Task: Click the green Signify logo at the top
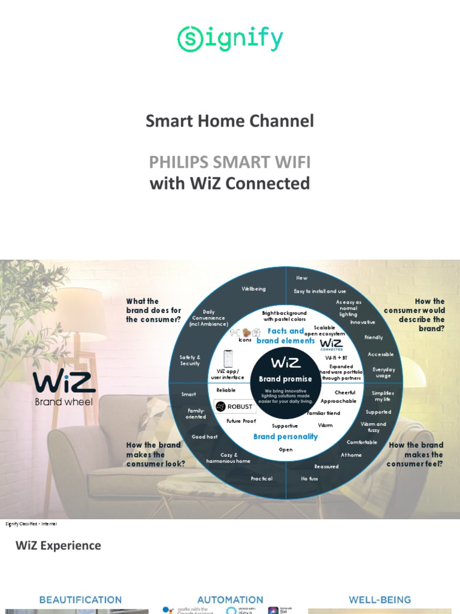pos(230,39)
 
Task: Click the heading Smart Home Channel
pos(230,121)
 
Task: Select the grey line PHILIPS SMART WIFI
pos(230,162)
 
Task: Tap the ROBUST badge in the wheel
pos(235,407)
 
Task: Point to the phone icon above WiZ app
pos(228,359)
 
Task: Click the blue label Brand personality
pos(286,437)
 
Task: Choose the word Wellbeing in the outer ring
pos(253,289)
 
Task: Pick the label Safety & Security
pos(190,360)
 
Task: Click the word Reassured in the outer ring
pos(326,466)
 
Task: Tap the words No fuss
pos(310,478)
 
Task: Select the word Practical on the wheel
pos(262,478)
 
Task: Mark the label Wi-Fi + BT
pos(337,357)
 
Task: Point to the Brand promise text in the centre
pos(285,379)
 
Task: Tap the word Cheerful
pos(345,393)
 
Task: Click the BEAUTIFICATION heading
pos(80,600)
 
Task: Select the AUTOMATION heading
pos(230,600)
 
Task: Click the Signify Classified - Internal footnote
pos(31,524)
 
